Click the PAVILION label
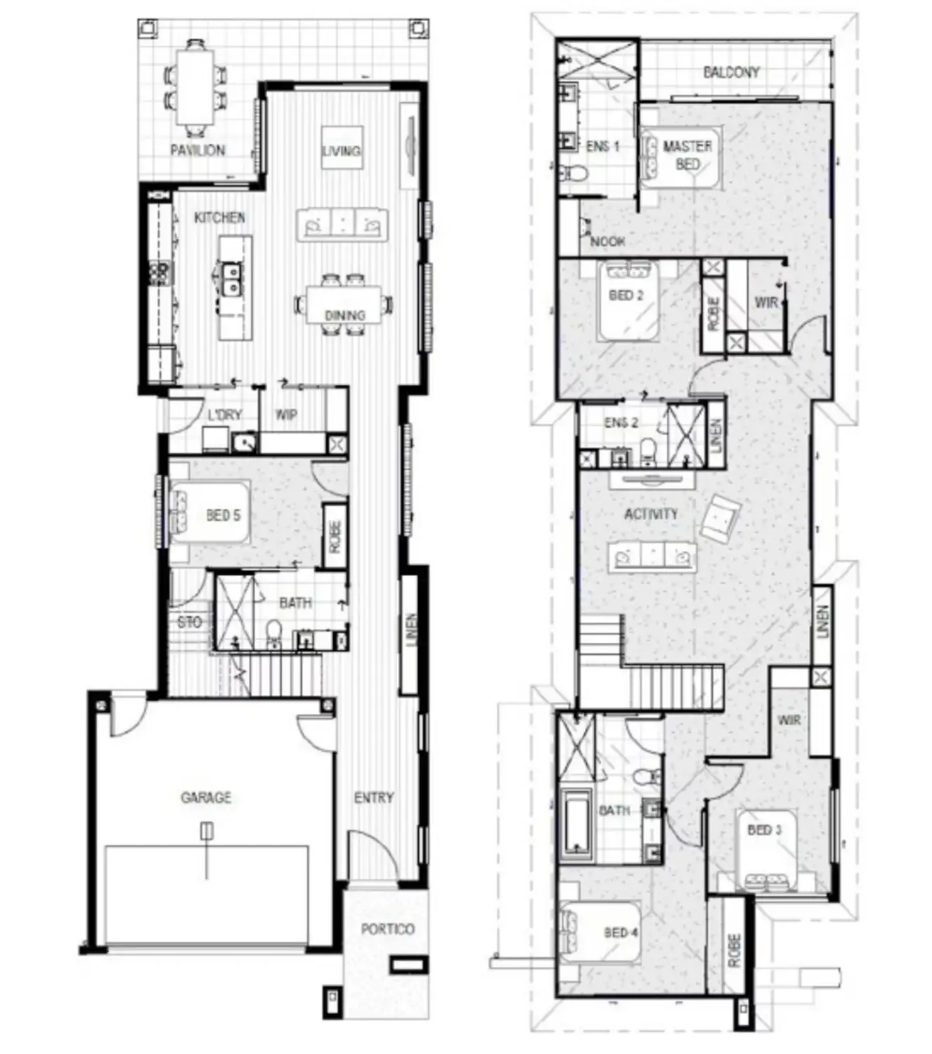(x=198, y=150)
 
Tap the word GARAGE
(x=206, y=798)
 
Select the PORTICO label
(x=387, y=929)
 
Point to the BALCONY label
(x=731, y=72)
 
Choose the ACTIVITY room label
(x=651, y=514)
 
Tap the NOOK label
(x=608, y=242)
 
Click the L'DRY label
(x=224, y=415)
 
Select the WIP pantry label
(x=286, y=415)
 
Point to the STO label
(x=189, y=622)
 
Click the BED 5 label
(x=224, y=516)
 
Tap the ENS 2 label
(x=621, y=423)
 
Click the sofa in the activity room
(x=652, y=557)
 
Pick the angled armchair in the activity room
(x=720, y=518)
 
